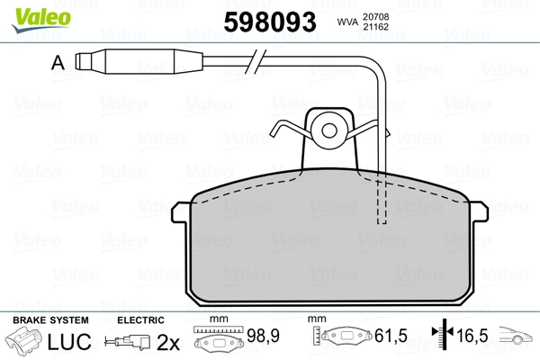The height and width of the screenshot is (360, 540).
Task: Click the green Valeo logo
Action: (x=41, y=20)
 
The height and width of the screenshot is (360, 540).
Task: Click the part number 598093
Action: (x=270, y=22)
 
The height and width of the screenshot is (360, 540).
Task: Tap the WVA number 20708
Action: (x=375, y=17)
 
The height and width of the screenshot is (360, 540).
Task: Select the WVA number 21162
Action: (x=375, y=27)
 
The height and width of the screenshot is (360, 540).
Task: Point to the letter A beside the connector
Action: (x=58, y=63)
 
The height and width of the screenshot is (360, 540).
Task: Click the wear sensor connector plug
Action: (x=139, y=61)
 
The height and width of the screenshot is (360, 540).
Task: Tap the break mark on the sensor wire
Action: (x=256, y=61)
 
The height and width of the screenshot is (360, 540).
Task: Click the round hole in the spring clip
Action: (x=329, y=130)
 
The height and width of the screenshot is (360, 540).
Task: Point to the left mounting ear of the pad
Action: (x=180, y=211)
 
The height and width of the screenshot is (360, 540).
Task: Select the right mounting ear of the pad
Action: (x=480, y=211)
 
